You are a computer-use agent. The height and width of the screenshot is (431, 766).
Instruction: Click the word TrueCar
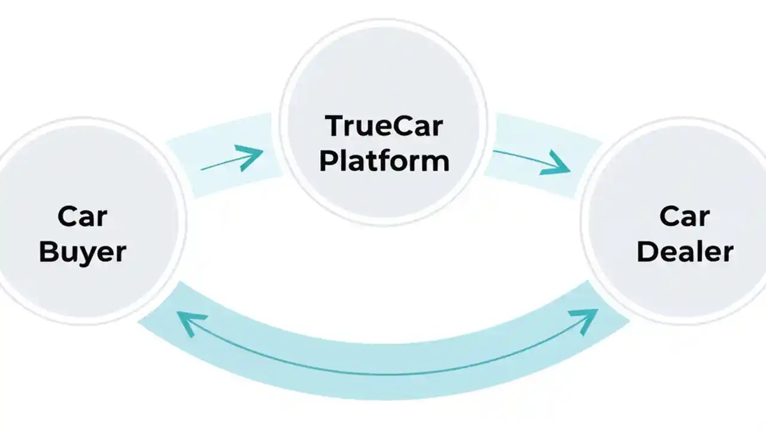tap(384, 127)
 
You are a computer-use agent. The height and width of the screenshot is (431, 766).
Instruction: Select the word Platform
tap(384, 160)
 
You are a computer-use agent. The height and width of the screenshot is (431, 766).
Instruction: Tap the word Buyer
tap(83, 252)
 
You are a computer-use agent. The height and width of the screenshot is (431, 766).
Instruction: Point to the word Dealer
tap(685, 252)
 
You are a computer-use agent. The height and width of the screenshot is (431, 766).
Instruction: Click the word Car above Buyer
tap(83, 217)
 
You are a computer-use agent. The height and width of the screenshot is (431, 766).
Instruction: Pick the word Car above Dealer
tap(685, 217)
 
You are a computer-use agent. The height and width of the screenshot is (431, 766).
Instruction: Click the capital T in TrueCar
tap(333, 127)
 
